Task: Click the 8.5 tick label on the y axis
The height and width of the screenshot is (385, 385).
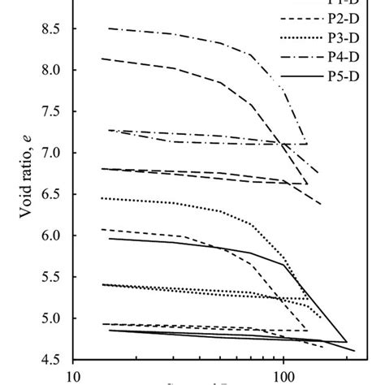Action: (51, 28)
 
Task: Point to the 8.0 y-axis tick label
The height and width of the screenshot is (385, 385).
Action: (51, 70)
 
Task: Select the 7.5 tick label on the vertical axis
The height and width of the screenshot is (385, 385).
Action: (51, 111)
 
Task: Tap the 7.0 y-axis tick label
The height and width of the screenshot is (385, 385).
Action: (51, 153)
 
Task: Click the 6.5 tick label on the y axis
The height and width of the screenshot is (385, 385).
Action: (51, 194)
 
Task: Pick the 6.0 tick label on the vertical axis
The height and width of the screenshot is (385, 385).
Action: (51, 236)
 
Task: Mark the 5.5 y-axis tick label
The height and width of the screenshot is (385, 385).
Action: (51, 277)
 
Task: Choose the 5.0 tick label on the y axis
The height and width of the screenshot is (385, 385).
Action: (51, 318)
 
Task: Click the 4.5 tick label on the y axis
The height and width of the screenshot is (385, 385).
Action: (51, 360)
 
